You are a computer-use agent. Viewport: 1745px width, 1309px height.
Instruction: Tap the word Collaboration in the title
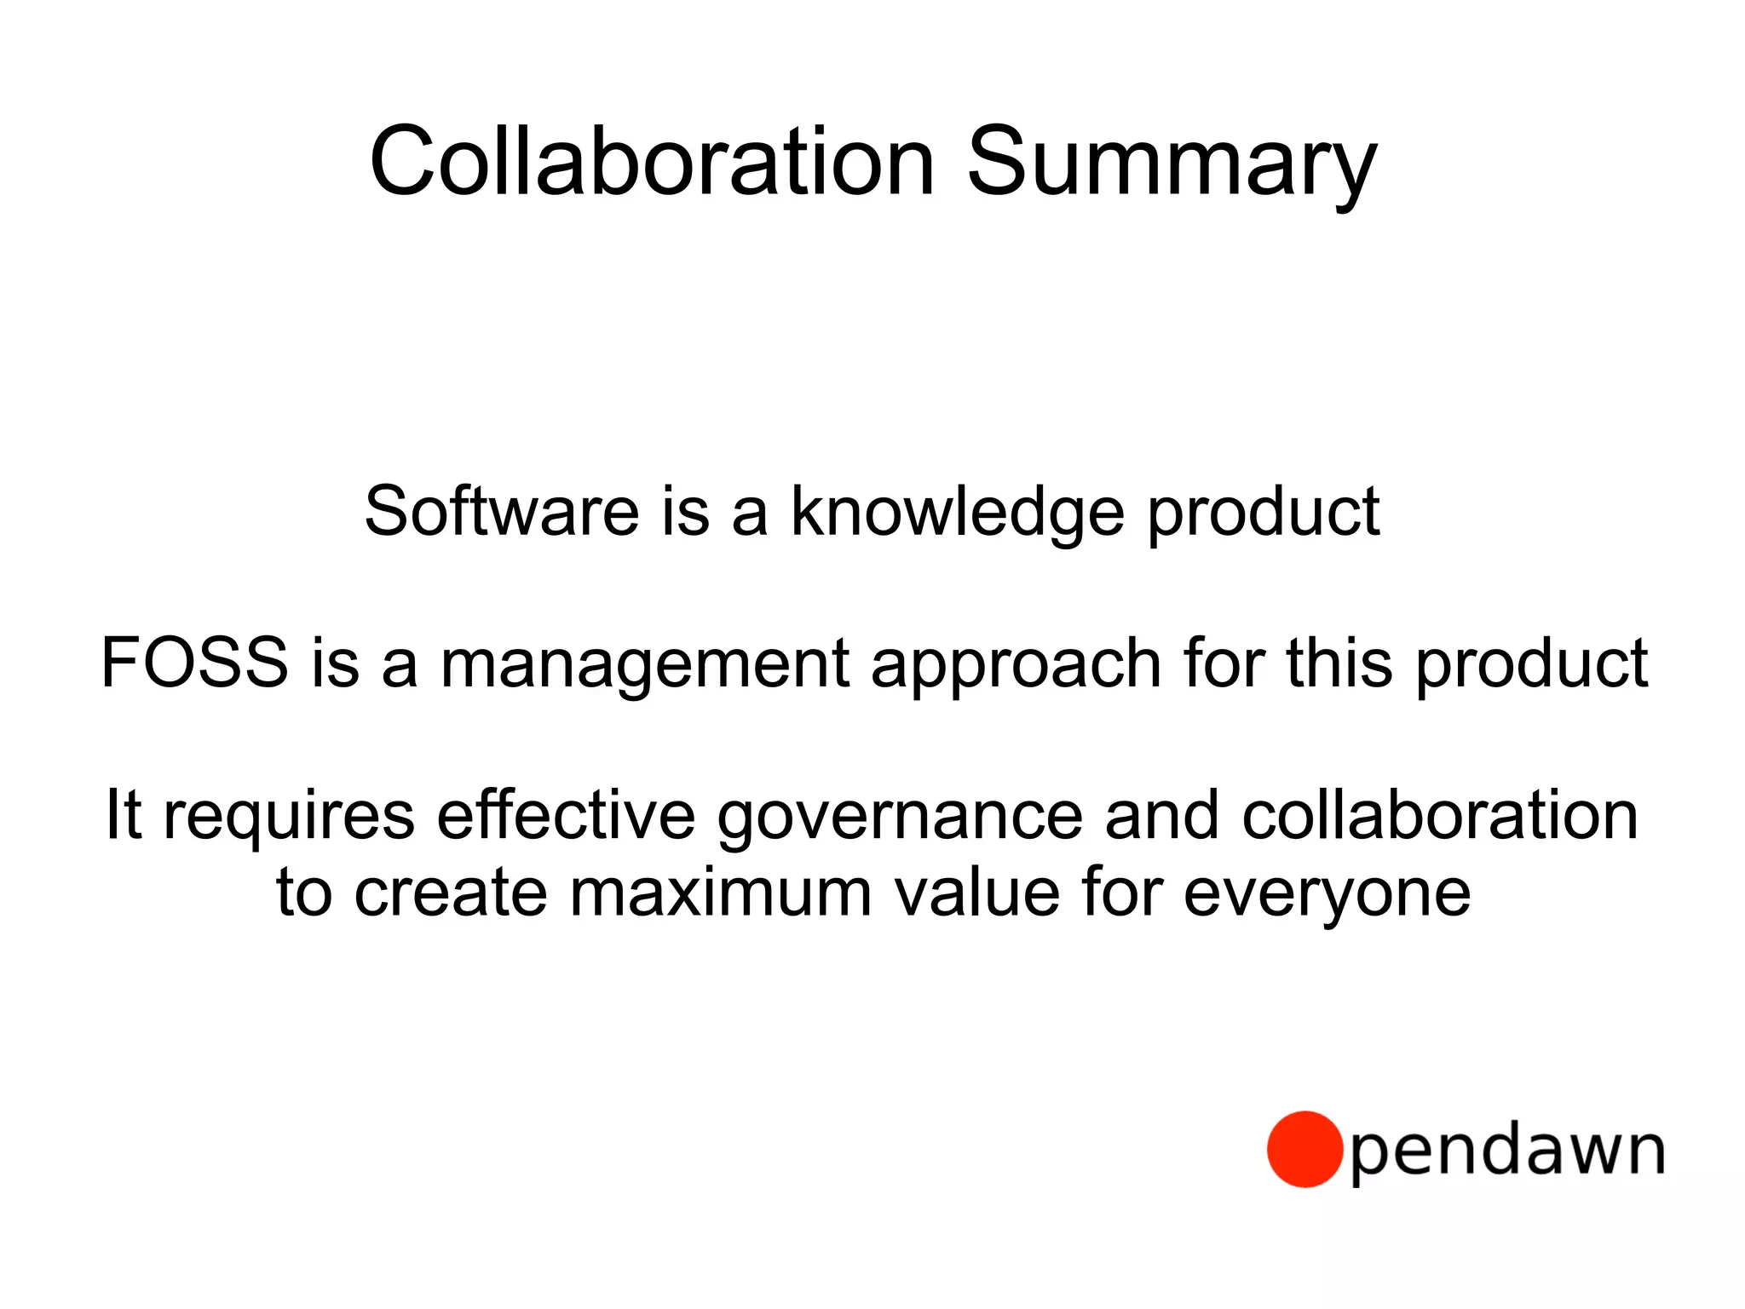[x=652, y=162]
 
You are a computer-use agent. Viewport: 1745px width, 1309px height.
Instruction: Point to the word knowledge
[x=958, y=513]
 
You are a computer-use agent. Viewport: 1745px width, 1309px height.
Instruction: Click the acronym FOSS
[x=194, y=663]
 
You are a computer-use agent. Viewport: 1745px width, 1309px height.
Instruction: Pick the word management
[x=645, y=666]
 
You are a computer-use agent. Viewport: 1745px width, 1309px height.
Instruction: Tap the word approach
[x=1016, y=666]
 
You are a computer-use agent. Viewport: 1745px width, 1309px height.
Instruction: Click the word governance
[x=900, y=818]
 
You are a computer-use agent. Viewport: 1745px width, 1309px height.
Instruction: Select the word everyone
[x=1327, y=896]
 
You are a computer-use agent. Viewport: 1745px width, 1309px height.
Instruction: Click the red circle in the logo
[x=1304, y=1149]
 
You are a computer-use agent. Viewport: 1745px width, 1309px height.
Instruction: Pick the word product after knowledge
[x=1264, y=513]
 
